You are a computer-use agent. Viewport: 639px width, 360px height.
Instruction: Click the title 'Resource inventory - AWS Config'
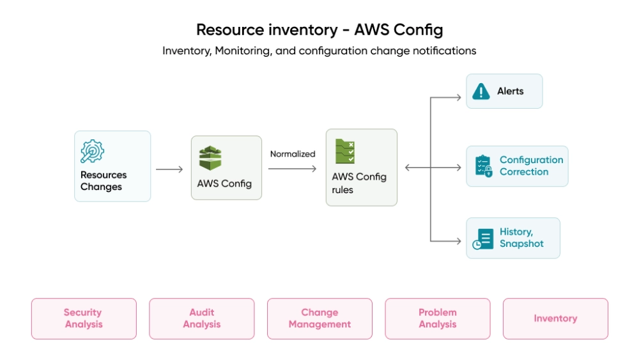click(319, 29)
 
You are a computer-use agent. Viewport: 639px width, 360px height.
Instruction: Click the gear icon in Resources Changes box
click(92, 152)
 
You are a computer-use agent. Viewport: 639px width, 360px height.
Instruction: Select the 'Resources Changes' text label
click(103, 181)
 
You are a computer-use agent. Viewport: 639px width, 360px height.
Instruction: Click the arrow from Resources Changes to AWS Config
click(169, 169)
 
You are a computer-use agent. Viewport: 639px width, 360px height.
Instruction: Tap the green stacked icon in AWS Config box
click(210, 158)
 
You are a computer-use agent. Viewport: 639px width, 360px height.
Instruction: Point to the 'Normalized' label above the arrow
click(293, 154)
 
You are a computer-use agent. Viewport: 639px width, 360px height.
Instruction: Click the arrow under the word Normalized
click(292, 169)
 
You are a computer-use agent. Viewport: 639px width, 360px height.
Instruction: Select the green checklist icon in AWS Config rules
click(345, 152)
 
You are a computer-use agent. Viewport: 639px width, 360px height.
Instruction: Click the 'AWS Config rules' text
click(358, 183)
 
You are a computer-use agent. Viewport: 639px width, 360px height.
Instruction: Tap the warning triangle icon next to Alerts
click(481, 91)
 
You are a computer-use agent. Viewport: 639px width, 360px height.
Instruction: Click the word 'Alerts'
click(511, 91)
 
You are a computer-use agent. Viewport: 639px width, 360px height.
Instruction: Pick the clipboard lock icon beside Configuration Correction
click(484, 166)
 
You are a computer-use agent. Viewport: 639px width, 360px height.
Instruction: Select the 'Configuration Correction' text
click(531, 166)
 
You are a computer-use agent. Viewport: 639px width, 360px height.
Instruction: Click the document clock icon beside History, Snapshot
click(483, 239)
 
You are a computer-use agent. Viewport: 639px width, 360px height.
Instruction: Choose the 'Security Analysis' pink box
click(84, 318)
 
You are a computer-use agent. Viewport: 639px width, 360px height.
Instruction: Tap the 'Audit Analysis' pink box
click(202, 318)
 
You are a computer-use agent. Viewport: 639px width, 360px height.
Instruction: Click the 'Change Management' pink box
click(319, 318)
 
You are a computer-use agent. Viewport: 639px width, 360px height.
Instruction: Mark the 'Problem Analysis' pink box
click(438, 318)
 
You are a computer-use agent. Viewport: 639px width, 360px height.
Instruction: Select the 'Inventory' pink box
click(555, 318)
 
